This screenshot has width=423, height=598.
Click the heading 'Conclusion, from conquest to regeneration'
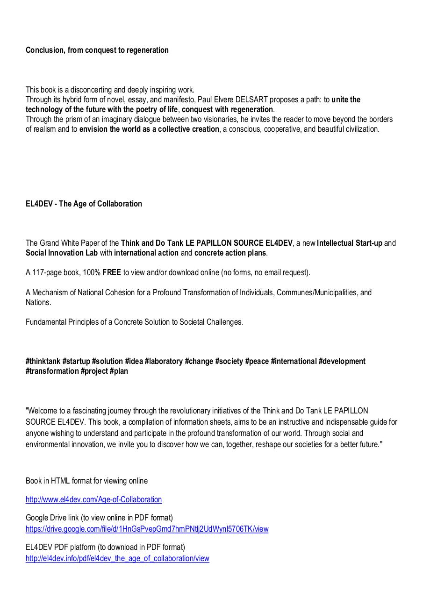pos(97,50)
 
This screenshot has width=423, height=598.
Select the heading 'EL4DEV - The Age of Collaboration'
pos(84,204)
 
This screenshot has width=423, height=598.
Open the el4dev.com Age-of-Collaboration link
pos(93,499)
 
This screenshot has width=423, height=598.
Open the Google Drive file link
pos(147,529)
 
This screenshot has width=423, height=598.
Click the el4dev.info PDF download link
pos(117,558)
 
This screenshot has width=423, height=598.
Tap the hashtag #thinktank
pos(43,361)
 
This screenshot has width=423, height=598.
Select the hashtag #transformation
pos(52,371)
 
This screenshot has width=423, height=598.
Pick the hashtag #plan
pos(119,371)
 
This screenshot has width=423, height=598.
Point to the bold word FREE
pos(112,272)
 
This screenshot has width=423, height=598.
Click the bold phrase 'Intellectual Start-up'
pos(349,243)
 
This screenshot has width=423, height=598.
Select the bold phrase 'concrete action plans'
pos(230,253)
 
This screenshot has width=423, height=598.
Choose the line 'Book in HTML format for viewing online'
pos(86,481)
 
